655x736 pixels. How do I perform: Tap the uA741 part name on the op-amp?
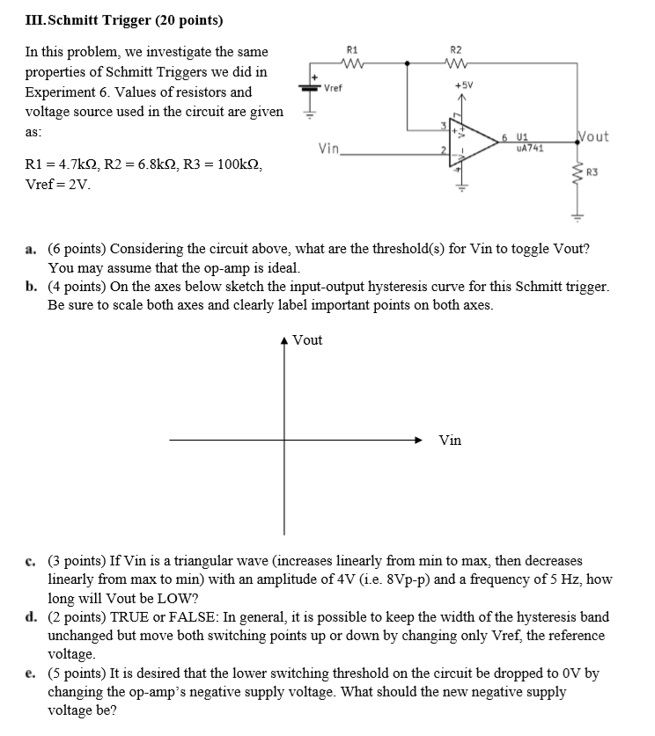pos(530,149)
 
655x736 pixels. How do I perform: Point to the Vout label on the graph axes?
pos(307,340)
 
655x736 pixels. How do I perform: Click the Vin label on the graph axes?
pos(449,440)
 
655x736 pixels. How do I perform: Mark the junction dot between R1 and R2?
pos(406,63)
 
